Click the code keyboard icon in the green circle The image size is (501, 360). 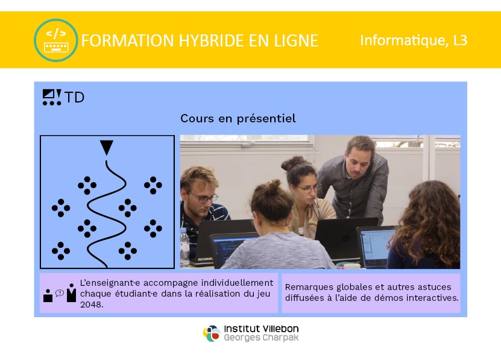(56, 40)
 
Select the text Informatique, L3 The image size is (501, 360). (414, 40)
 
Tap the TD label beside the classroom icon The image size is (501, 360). (74, 97)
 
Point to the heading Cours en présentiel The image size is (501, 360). (238, 119)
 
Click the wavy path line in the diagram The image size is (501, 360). (107, 213)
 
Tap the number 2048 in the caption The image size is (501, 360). (92, 305)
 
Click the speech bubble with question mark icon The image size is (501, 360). (60, 293)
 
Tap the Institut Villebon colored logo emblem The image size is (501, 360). (212, 333)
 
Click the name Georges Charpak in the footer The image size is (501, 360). (261, 338)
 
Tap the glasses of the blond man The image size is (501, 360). (204, 197)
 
